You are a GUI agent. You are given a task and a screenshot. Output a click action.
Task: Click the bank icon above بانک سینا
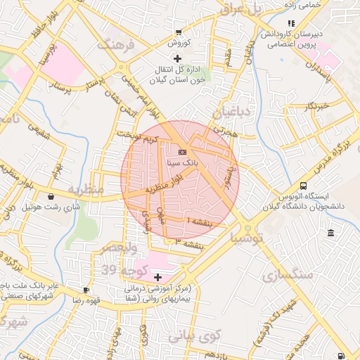tap(182, 152)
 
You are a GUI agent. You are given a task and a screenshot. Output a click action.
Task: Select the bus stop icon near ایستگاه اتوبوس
tap(303, 186)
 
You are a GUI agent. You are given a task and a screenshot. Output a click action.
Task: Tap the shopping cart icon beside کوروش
tap(179, 32)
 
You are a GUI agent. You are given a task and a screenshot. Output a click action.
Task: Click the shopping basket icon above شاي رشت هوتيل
tap(52, 197)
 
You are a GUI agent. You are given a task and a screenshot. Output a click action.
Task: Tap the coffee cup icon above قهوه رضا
tap(86, 290)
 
